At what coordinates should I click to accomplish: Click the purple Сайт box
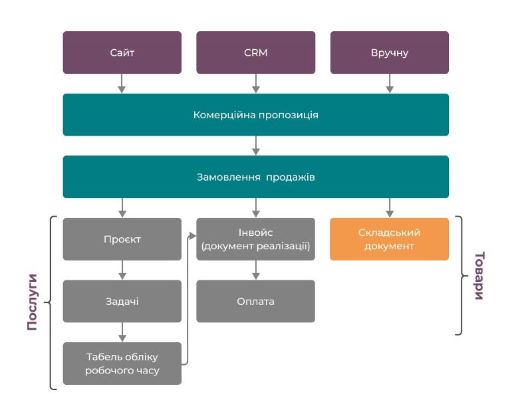pos(122,52)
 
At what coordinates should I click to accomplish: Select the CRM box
pos(256,52)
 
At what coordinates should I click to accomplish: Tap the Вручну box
pos(390,52)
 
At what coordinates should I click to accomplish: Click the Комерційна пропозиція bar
pos(256,115)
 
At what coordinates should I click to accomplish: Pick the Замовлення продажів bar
pos(256,177)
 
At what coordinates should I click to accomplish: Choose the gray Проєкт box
pos(122,239)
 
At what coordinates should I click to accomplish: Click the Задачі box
pos(122,301)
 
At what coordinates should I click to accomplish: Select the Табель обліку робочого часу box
pos(122,363)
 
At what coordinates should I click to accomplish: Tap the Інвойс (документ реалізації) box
pos(256,239)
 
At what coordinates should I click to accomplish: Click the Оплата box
pos(256,301)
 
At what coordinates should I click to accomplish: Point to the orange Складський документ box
pos(390,239)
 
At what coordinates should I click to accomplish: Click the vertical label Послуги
pos(32,302)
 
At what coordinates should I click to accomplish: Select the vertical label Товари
pos(479,276)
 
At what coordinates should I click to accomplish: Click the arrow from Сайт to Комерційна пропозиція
pos(122,84)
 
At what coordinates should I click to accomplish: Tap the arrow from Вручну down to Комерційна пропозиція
pos(390,84)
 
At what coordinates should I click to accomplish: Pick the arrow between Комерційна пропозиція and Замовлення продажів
pos(256,146)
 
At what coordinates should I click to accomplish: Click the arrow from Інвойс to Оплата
pos(256,270)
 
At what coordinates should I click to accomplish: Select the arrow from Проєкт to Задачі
pos(122,270)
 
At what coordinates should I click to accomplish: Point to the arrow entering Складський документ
pos(390,208)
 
